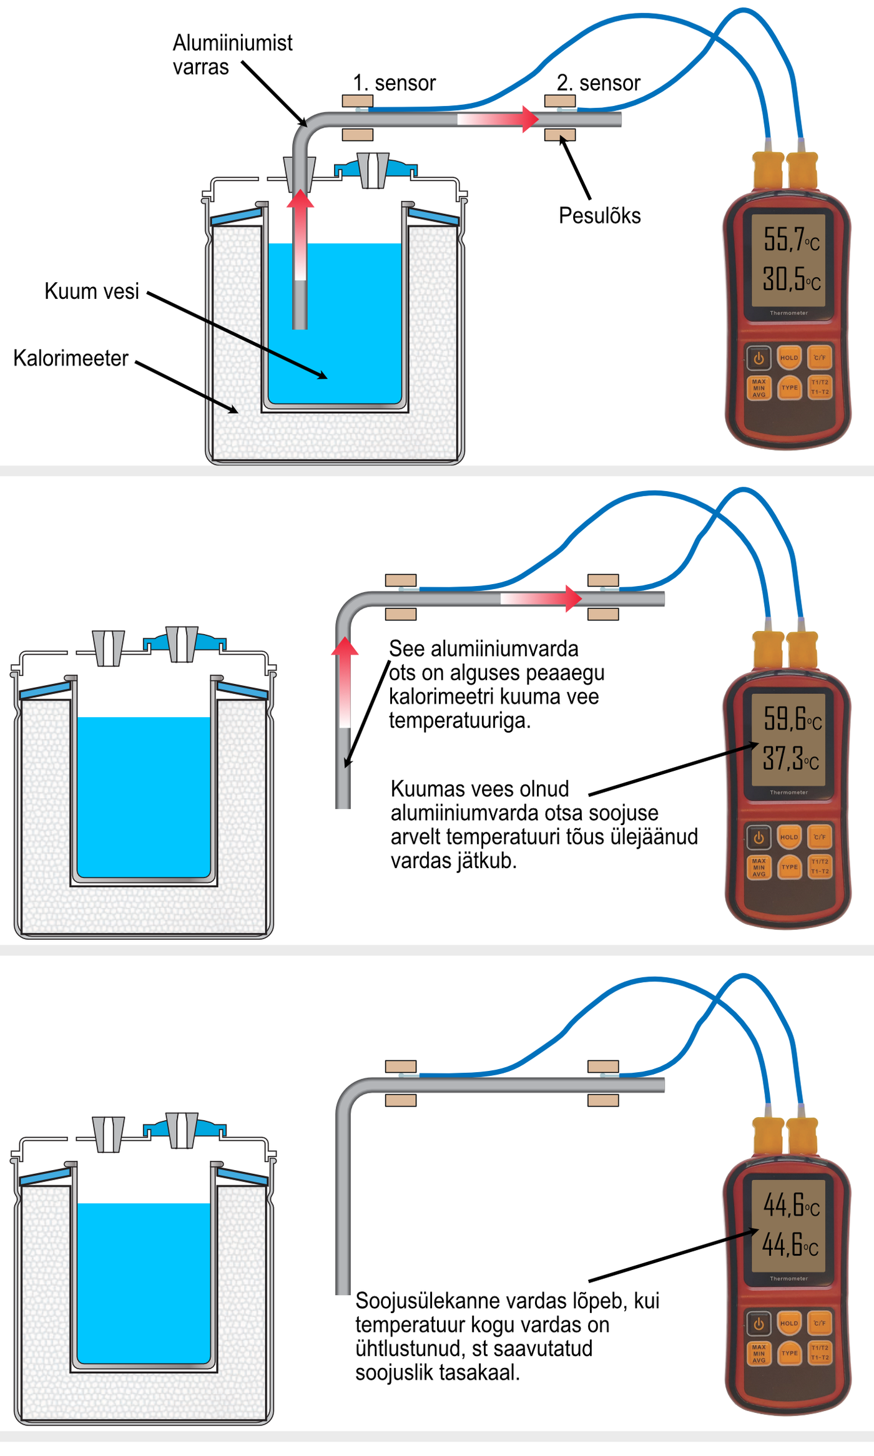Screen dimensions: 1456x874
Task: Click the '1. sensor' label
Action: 394,83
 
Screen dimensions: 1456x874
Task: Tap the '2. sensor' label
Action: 598,83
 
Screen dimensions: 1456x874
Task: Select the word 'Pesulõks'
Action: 599,216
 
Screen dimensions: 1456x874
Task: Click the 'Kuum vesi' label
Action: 92,291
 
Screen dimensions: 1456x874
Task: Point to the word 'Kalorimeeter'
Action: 71,359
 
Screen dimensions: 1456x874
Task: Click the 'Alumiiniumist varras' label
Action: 232,55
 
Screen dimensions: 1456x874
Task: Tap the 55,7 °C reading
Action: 790,239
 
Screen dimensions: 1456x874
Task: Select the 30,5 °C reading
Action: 790,279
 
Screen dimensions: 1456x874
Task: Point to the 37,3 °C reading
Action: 790,759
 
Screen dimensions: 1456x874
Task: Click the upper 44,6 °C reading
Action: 790,1205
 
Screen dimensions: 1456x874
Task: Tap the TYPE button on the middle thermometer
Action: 790,867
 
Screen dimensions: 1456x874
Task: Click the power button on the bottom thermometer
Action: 759,1323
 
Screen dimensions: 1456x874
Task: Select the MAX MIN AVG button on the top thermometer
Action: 759,388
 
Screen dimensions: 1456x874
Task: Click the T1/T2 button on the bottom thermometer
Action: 820,1353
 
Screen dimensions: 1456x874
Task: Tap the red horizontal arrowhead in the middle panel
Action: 573,598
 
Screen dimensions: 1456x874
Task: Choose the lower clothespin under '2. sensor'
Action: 560,135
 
